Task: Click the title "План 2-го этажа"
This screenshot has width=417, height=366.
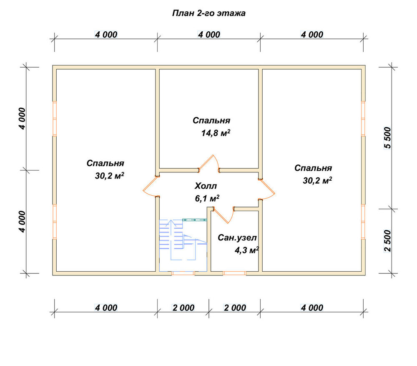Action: point(209,13)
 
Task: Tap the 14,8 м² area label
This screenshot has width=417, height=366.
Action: point(216,133)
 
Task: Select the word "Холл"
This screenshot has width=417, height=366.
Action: point(206,186)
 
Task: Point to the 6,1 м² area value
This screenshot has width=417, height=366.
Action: point(207,198)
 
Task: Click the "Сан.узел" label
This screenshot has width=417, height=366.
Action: point(237,237)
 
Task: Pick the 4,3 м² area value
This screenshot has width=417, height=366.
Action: point(247,250)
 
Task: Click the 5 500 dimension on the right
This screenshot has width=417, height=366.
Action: point(388,138)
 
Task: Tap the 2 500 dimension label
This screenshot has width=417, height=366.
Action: point(388,241)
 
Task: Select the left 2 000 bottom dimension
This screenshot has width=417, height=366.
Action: point(183,308)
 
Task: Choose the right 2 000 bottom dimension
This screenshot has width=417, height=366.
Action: point(235,308)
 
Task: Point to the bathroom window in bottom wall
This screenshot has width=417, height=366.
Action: point(234,273)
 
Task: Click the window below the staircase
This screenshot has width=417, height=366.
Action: point(183,273)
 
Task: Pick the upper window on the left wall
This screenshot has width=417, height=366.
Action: point(55,119)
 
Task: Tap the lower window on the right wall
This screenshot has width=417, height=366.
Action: point(363,222)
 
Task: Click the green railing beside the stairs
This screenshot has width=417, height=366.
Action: point(194,220)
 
